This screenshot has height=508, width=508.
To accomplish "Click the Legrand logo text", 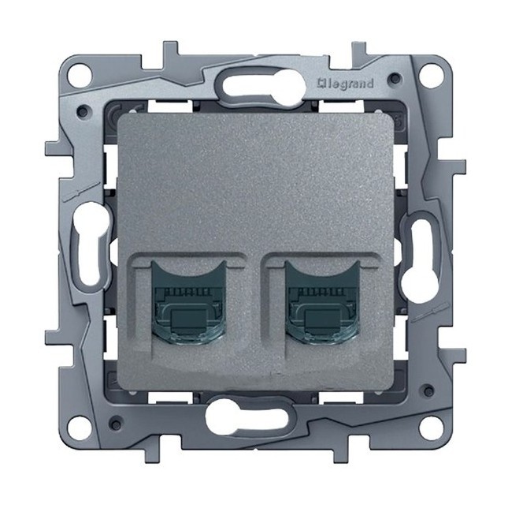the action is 346,84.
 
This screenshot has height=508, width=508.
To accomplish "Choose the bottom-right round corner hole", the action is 429,426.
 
